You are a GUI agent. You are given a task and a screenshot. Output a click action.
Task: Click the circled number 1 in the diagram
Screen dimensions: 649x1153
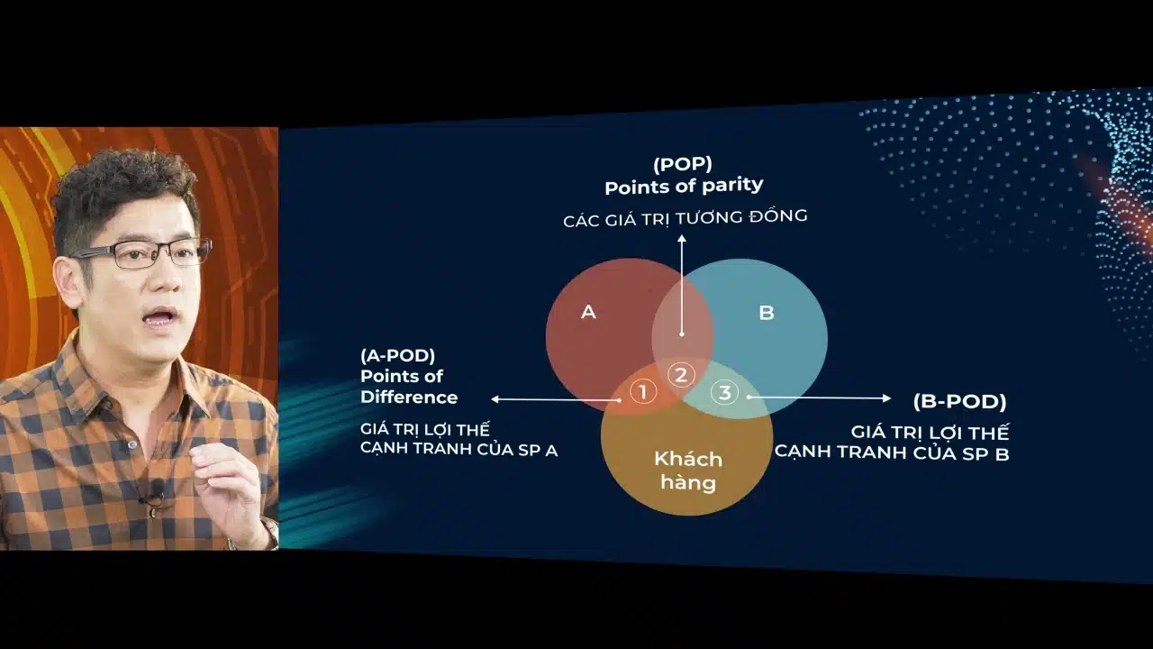(x=642, y=392)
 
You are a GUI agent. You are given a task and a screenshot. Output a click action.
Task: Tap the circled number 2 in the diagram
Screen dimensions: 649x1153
(x=681, y=375)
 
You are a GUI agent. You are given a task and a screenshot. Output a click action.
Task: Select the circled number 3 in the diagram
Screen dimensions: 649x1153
(x=724, y=392)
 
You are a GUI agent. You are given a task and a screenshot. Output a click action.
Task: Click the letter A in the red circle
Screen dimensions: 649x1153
(x=588, y=312)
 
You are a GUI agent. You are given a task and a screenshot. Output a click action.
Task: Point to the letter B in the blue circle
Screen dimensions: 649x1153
(x=766, y=313)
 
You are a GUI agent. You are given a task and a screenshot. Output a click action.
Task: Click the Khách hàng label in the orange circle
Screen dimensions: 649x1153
(x=688, y=471)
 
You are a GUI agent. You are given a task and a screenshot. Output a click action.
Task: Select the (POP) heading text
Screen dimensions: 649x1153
(x=682, y=164)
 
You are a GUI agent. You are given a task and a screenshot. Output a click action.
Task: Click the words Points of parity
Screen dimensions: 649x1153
(x=684, y=186)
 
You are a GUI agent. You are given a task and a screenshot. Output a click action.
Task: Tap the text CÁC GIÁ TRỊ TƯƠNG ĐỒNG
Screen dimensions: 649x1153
(x=685, y=218)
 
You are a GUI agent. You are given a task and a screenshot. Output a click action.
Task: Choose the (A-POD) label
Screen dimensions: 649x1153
(x=397, y=355)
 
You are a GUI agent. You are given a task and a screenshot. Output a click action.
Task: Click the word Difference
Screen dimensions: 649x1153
(x=409, y=398)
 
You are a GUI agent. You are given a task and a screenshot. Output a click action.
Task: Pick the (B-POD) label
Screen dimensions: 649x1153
(x=959, y=401)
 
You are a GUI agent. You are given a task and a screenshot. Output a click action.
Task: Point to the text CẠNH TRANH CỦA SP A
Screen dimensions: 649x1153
(x=458, y=450)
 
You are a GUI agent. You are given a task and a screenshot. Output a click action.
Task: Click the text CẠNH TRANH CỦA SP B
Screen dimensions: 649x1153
(x=892, y=452)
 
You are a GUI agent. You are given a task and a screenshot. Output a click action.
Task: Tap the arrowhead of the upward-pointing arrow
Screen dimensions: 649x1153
(x=682, y=240)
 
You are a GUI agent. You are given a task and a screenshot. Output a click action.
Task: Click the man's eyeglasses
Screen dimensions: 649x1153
(x=144, y=252)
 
